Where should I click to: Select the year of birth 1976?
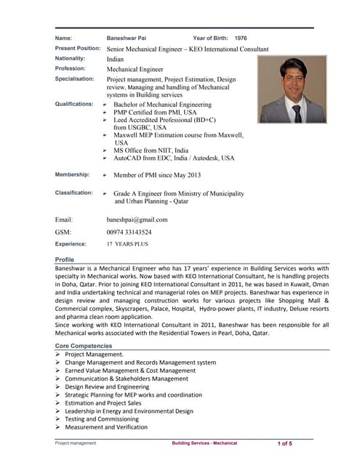click(241, 37)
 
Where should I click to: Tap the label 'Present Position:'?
click(78, 48)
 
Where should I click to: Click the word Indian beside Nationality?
click(115, 59)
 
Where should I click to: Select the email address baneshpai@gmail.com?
click(137, 219)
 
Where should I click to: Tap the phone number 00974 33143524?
click(129, 232)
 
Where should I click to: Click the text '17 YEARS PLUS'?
click(127, 245)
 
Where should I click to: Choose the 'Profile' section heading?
click(65, 259)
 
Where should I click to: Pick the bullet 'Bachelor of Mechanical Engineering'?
click(162, 105)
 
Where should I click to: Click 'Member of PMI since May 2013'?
click(158, 175)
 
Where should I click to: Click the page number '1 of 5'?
click(284, 442)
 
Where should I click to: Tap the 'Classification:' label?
click(74, 193)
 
